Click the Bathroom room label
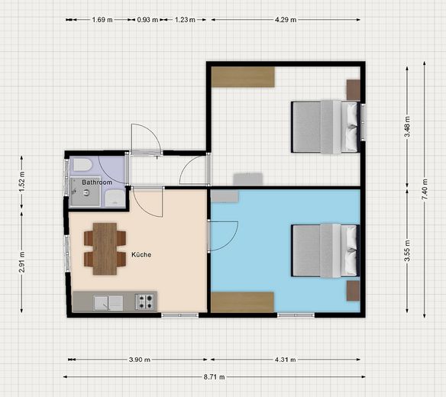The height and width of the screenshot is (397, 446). click(97, 182)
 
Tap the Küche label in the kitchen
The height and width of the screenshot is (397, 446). click(141, 254)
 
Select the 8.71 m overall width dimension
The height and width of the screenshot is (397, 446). click(214, 377)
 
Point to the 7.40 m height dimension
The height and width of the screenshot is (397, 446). click(425, 189)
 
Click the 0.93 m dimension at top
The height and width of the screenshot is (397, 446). click(147, 20)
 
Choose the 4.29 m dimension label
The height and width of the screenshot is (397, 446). click(286, 20)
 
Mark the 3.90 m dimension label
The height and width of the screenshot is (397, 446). click(139, 360)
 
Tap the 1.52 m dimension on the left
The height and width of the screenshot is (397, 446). click(22, 182)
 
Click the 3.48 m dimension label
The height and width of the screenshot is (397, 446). click(407, 127)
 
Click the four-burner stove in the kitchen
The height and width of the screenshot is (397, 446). click(145, 302)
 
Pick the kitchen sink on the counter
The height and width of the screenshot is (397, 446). click(108, 303)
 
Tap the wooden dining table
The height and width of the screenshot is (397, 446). click(105, 249)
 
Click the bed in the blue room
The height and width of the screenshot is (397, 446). click(325, 251)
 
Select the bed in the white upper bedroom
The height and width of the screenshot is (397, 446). click(325, 127)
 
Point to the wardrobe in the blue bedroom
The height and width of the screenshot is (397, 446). click(242, 302)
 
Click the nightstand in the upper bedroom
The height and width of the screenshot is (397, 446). click(354, 90)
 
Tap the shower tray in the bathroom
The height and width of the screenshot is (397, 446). click(85, 192)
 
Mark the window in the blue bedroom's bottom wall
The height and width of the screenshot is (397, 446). click(296, 315)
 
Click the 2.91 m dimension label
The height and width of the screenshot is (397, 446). click(22, 262)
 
